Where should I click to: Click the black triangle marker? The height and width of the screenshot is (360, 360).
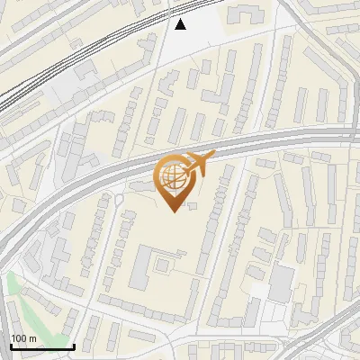tap(181, 24)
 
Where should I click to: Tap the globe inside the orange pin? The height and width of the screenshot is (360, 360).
tap(172, 175)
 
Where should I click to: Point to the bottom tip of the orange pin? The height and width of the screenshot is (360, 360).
tap(172, 211)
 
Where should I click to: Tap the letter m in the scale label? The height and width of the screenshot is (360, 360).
tap(33, 338)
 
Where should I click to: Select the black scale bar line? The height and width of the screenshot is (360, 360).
tap(41, 346)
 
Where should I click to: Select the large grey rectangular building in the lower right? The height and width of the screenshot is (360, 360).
tap(281, 283)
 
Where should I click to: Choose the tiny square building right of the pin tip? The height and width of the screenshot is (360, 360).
tap(193, 205)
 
